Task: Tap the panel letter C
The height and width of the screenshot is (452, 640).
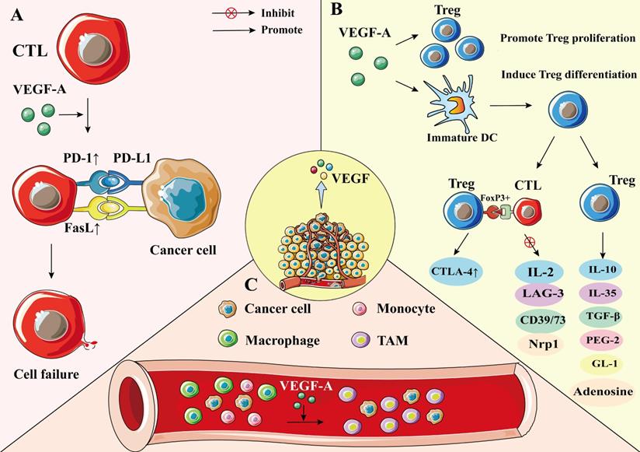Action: pos(251,285)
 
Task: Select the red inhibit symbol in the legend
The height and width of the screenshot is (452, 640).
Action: pos(230,13)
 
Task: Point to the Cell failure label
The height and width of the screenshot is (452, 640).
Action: pos(47,374)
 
